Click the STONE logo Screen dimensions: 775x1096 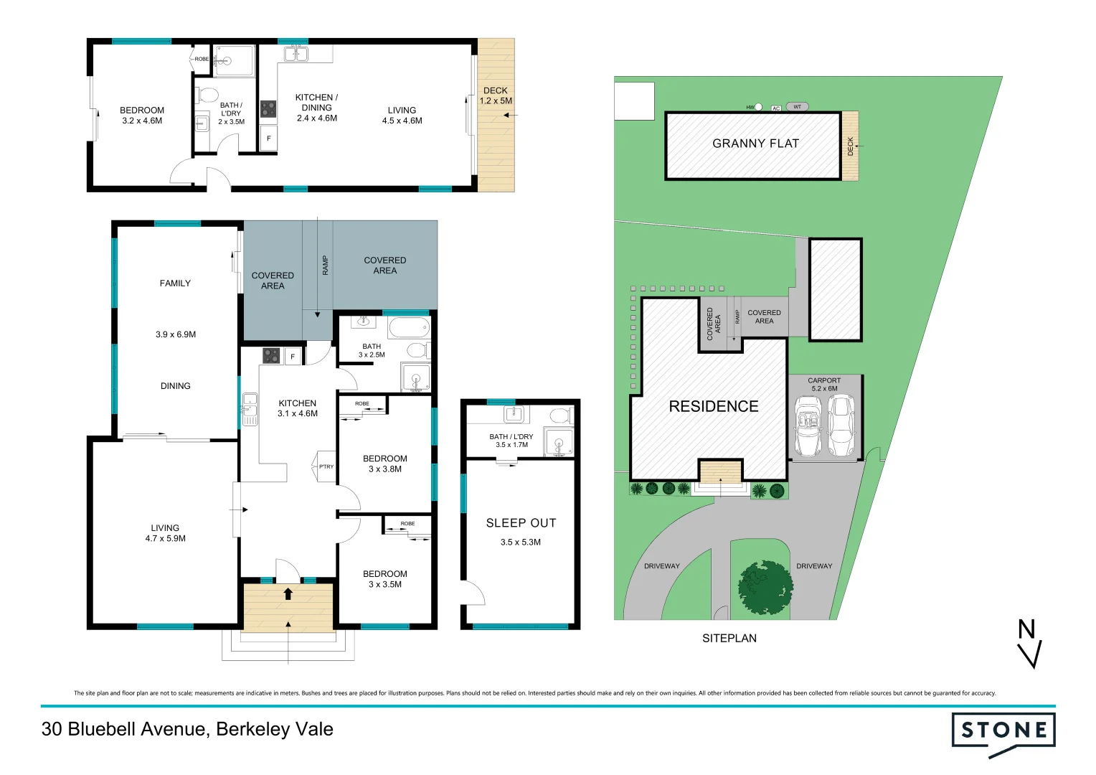(x=1003, y=732)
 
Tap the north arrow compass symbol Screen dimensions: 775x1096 (x=1029, y=644)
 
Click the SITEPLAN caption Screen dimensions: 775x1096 (x=729, y=638)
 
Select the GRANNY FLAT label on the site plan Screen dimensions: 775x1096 (x=755, y=144)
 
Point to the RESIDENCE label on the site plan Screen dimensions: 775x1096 (x=713, y=406)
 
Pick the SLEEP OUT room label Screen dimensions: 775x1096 (x=521, y=523)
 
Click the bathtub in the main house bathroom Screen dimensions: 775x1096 (x=408, y=327)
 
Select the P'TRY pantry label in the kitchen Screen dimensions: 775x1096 (x=326, y=466)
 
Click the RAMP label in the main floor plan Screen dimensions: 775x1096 (x=325, y=266)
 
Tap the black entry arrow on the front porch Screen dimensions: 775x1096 (x=288, y=593)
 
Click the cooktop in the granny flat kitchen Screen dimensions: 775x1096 (x=268, y=109)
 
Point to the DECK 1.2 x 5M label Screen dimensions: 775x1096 (x=496, y=95)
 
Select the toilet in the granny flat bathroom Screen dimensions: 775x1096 (x=207, y=95)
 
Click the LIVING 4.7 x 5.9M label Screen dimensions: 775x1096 (x=165, y=532)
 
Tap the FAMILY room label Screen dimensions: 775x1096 (x=175, y=283)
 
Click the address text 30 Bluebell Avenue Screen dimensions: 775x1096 (x=187, y=729)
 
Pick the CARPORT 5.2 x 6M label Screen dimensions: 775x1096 (x=823, y=385)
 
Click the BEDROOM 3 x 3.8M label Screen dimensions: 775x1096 (x=384, y=464)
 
